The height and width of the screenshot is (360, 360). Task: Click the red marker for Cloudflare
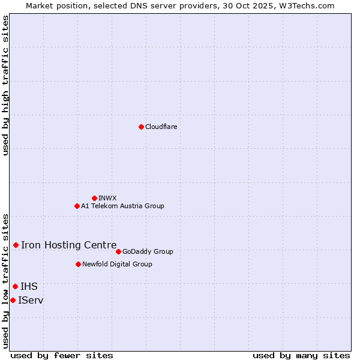pyautogui.click(x=141, y=127)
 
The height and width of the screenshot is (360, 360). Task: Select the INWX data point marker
pyautogui.click(x=94, y=198)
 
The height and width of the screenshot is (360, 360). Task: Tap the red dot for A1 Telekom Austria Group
pyautogui.click(x=77, y=206)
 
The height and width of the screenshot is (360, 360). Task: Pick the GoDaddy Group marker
pyautogui.click(x=118, y=251)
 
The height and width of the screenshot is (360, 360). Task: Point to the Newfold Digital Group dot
pyautogui.click(x=78, y=264)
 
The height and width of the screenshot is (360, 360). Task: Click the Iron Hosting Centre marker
pyautogui.click(x=16, y=245)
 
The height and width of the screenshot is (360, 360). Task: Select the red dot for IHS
pyautogui.click(x=15, y=286)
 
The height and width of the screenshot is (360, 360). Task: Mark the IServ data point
pyautogui.click(x=13, y=300)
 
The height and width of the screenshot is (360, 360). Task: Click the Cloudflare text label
pyautogui.click(x=161, y=127)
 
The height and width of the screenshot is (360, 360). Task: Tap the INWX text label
pyautogui.click(x=107, y=198)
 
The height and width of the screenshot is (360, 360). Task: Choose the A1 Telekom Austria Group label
pyautogui.click(x=122, y=206)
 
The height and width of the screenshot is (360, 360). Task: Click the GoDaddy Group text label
pyautogui.click(x=148, y=251)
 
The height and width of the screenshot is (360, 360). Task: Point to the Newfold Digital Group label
pyautogui.click(x=117, y=264)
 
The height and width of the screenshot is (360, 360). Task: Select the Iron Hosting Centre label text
pyautogui.click(x=69, y=245)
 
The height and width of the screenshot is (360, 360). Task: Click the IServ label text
pyautogui.click(x=31, y=300)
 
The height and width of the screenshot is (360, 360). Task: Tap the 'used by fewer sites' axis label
pyautogui.click(x=62, y=355)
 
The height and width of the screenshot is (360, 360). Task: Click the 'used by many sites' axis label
pyautogui.click(x=301, y=355)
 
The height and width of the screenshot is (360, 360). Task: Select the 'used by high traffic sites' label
pyautogui.click(x=5, y=85)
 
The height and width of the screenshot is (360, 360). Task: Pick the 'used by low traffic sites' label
pyautogui.click(x=5, y=281)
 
